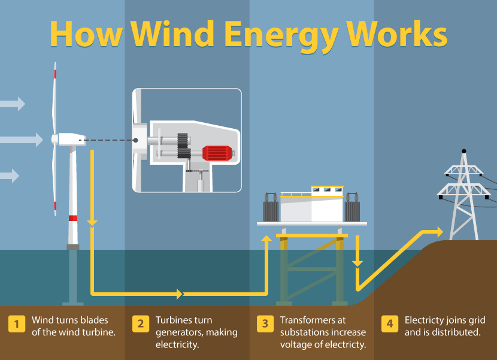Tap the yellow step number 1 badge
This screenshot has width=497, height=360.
(x=17, y=324)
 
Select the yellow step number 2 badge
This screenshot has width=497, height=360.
(x=141, y=324)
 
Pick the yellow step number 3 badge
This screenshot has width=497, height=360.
(x=265, y=324)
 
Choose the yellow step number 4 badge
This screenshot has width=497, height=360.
(x=390, y=324)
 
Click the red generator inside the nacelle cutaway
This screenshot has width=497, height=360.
(x=217, y=153)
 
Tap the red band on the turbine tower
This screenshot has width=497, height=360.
(x=73, y=217)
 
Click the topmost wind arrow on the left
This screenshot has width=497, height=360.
(x=12, y=104)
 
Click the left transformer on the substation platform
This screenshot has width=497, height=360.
(x=272, y=208)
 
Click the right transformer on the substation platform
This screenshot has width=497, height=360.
(x=351, y=208)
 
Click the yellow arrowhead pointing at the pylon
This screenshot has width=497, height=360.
(x=439, y=232)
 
